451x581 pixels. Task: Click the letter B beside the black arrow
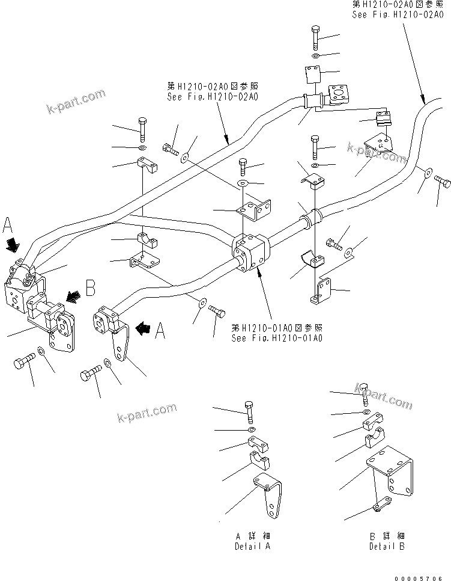click(89, 288)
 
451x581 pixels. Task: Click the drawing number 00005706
click(423, 576)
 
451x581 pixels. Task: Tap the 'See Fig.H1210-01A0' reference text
click(277, 338)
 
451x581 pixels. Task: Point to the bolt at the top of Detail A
click(250, 410)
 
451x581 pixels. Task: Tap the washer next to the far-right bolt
click(426, 172)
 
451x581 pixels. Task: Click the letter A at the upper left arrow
click(8, 225)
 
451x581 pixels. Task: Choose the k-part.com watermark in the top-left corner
click(75, 101)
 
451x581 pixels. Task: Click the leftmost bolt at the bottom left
click(23, 363)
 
